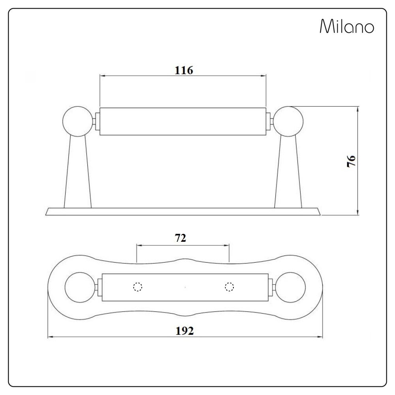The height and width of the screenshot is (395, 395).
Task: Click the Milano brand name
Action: pyautogui.click(x=347, y=26)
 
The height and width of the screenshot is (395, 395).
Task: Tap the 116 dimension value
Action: pyautogui.click(x=184, y=70)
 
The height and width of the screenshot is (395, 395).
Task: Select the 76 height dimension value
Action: pyautogui.click(x=351, y=161)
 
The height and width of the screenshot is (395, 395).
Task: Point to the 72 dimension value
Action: pyautogui.click(x=181, y=238)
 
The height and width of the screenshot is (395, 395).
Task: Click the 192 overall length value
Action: pyautogui.click(x=184, y=331)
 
